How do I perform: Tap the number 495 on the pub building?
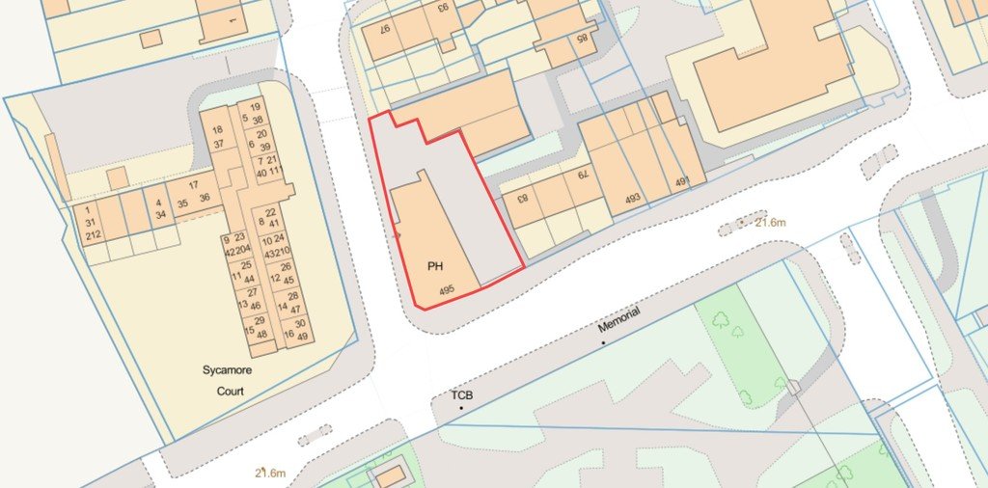coord(447,288)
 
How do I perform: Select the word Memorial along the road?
coord(619,327)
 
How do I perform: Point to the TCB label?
coord(462,395)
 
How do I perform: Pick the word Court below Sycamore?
coord(231,391)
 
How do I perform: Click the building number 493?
coord(632,199)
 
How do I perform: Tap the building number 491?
coord(683,181)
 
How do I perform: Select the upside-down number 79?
coord(583,175)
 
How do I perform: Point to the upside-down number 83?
coord(522,200)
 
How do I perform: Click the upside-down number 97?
coord(384,30)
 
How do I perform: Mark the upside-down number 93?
coord(443,8)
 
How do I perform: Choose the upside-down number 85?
coord(582,39)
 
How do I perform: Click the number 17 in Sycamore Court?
coord(193,184)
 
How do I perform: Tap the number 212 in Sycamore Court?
coord(93,235)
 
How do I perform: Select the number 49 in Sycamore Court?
coord(302,336)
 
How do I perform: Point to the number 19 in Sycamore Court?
coord(255,107)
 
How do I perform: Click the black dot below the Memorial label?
coord(604,342)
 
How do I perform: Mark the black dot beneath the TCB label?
coord(461,409)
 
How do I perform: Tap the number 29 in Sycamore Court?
coord(259,320)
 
